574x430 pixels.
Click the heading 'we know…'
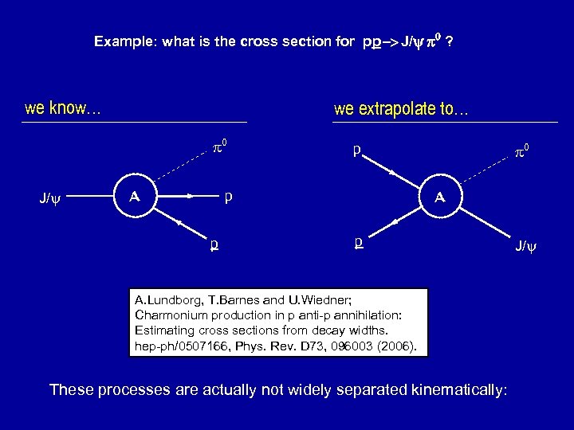click(62, 108)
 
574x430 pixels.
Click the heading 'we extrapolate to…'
click(401, 110)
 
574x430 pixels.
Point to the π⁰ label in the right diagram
click(523, 148)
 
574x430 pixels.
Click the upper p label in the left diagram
click(230, 194)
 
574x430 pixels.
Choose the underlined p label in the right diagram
click(360, 240)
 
